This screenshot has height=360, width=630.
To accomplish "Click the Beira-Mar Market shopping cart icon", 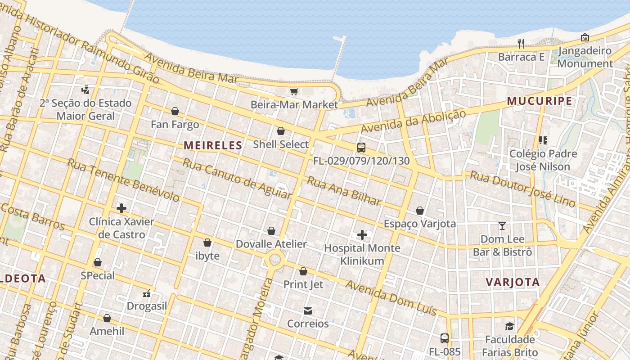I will pyautogui.click(x=294, y=92).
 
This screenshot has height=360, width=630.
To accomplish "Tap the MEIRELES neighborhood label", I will pyautogui.click(x=213, y=145).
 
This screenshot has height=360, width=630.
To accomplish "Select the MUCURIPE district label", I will pyautogui.click(x=540, y=101).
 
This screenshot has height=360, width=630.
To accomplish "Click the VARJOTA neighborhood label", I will pyautogui.click(x=513, y=283).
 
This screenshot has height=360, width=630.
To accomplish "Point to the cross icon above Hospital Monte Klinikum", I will pyautogui.click(x=362, y=235).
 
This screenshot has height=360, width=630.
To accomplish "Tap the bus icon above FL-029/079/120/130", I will pyautogui.click(x=361, y=147).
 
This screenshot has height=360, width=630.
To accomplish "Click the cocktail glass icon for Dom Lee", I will pyautogui.click(x=502, y=226).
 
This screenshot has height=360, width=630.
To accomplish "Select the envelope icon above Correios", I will pyautogui.click(x=308, y=311).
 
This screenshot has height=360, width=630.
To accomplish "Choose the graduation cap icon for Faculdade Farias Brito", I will pyautogui.click(x=509, y=326).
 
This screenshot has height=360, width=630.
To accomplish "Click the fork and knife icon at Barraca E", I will pyautogui.click(x=521, y=44).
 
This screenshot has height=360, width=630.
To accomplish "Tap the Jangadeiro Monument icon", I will pyautogui.click(x=585, y=37).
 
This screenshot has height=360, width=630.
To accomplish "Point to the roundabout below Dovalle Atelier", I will pyautogui.click(x=275, y=260).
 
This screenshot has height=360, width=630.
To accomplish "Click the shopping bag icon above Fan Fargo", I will pyautogui.click(x=175, y=111).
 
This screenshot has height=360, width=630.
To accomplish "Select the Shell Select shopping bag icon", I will pyautogui.click(x=281, y=131).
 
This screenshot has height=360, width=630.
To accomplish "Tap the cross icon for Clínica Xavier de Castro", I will pyautogui.click(x=121, y=208).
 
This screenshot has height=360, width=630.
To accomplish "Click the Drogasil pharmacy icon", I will pyautogui.click(x=147, y=293).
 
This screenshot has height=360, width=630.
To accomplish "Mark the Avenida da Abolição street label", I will pyautogui.click(x=413, y=121).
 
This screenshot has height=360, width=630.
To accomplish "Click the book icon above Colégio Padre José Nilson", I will pyautogui.click(x=543, y=140).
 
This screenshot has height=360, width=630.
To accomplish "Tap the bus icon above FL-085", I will pyautogui.click(x=444, y=338).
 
